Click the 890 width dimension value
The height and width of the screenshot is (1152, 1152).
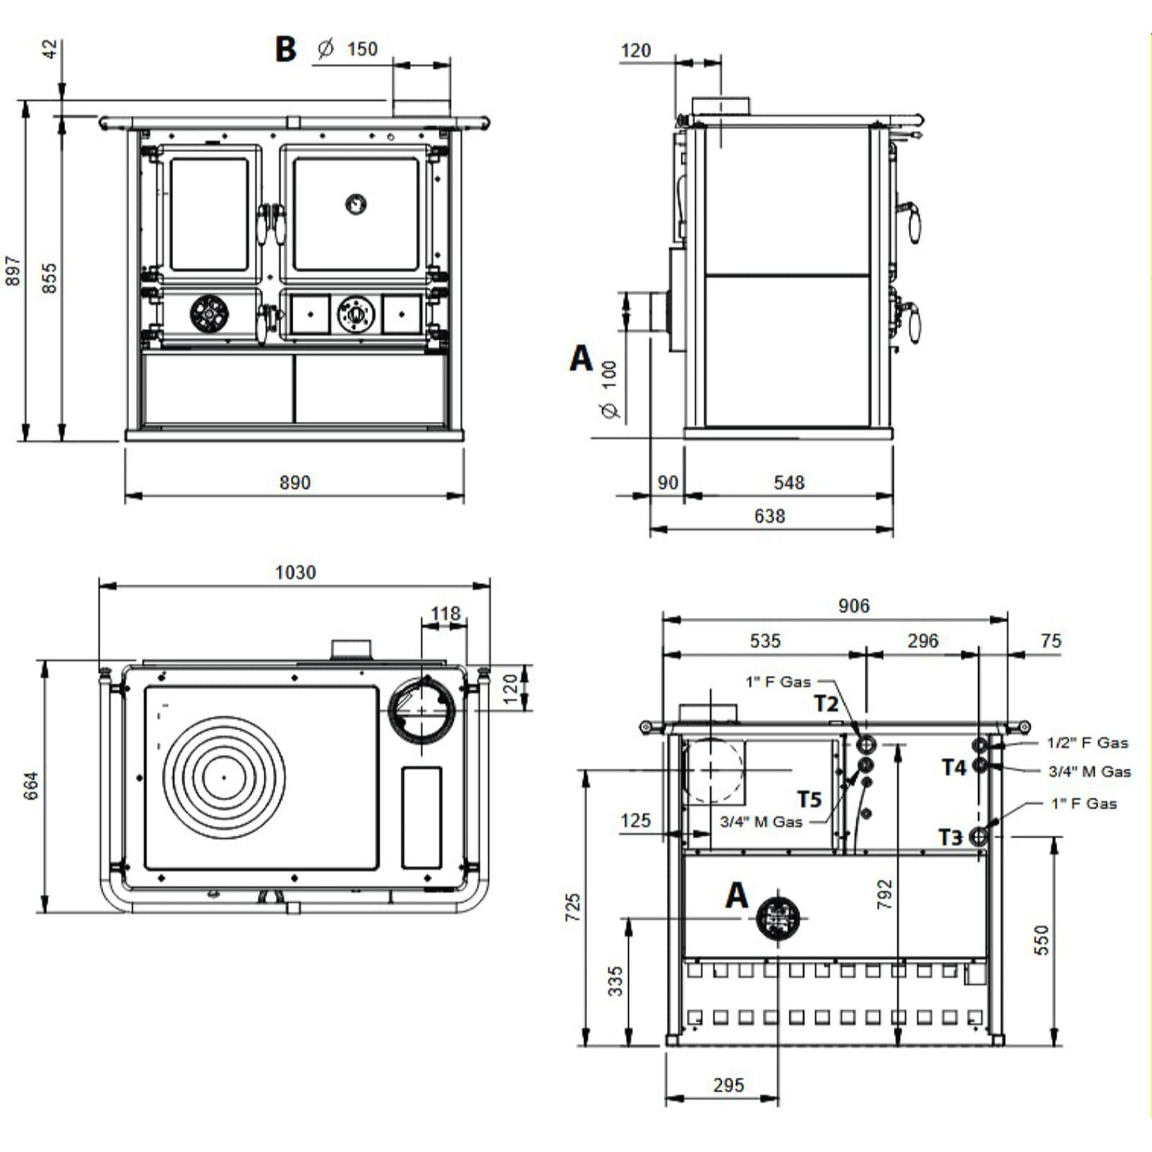coord(294,482)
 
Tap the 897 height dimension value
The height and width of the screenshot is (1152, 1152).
coord(13,271)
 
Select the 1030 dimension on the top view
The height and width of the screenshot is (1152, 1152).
coord(295,572)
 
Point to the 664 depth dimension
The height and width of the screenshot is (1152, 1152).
coord(31,786)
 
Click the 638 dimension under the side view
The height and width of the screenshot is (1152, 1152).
coord(769,516)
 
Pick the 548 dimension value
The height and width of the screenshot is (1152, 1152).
coord(788,482)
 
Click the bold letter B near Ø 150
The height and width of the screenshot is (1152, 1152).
coord(286,49)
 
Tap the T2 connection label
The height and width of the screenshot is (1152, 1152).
coord(826,703)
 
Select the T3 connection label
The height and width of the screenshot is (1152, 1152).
coord(950,837)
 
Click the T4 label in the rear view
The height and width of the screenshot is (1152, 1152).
coord(954,768)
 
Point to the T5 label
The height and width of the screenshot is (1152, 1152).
coord(809,799)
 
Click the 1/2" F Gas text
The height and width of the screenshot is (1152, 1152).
coord(1087,742)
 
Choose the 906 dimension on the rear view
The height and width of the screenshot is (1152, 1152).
coord(853,606)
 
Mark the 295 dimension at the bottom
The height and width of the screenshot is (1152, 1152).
coord(728,1085)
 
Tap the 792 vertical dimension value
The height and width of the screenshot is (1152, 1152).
coord(885,894)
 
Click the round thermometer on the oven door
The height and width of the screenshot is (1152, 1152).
coord(356,204)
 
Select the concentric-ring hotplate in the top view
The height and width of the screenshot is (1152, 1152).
coord(224,777)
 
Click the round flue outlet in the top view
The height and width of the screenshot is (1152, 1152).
coord(422,711)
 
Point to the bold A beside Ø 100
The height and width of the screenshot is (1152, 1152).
coord(581,358)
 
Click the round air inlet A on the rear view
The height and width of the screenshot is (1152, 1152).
coord(778,918)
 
